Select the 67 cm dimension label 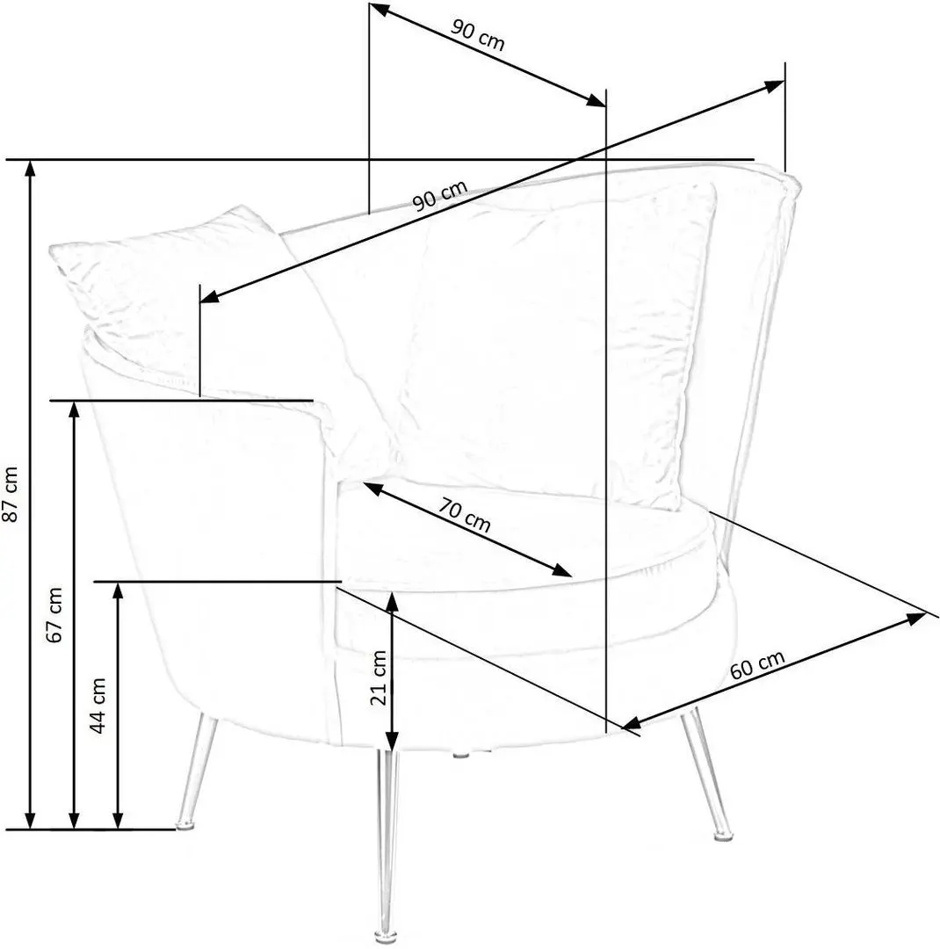[54, 614]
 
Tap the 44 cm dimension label [98, 705]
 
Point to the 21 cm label [379, 677]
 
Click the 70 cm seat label [464, 514]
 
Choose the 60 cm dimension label [757, 664]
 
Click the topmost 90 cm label [478, 34]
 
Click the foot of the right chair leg [721, 835]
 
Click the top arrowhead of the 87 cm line [29, 170]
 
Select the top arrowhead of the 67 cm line [74, 409]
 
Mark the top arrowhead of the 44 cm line [118, 591]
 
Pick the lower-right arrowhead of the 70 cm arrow [562, 570]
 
